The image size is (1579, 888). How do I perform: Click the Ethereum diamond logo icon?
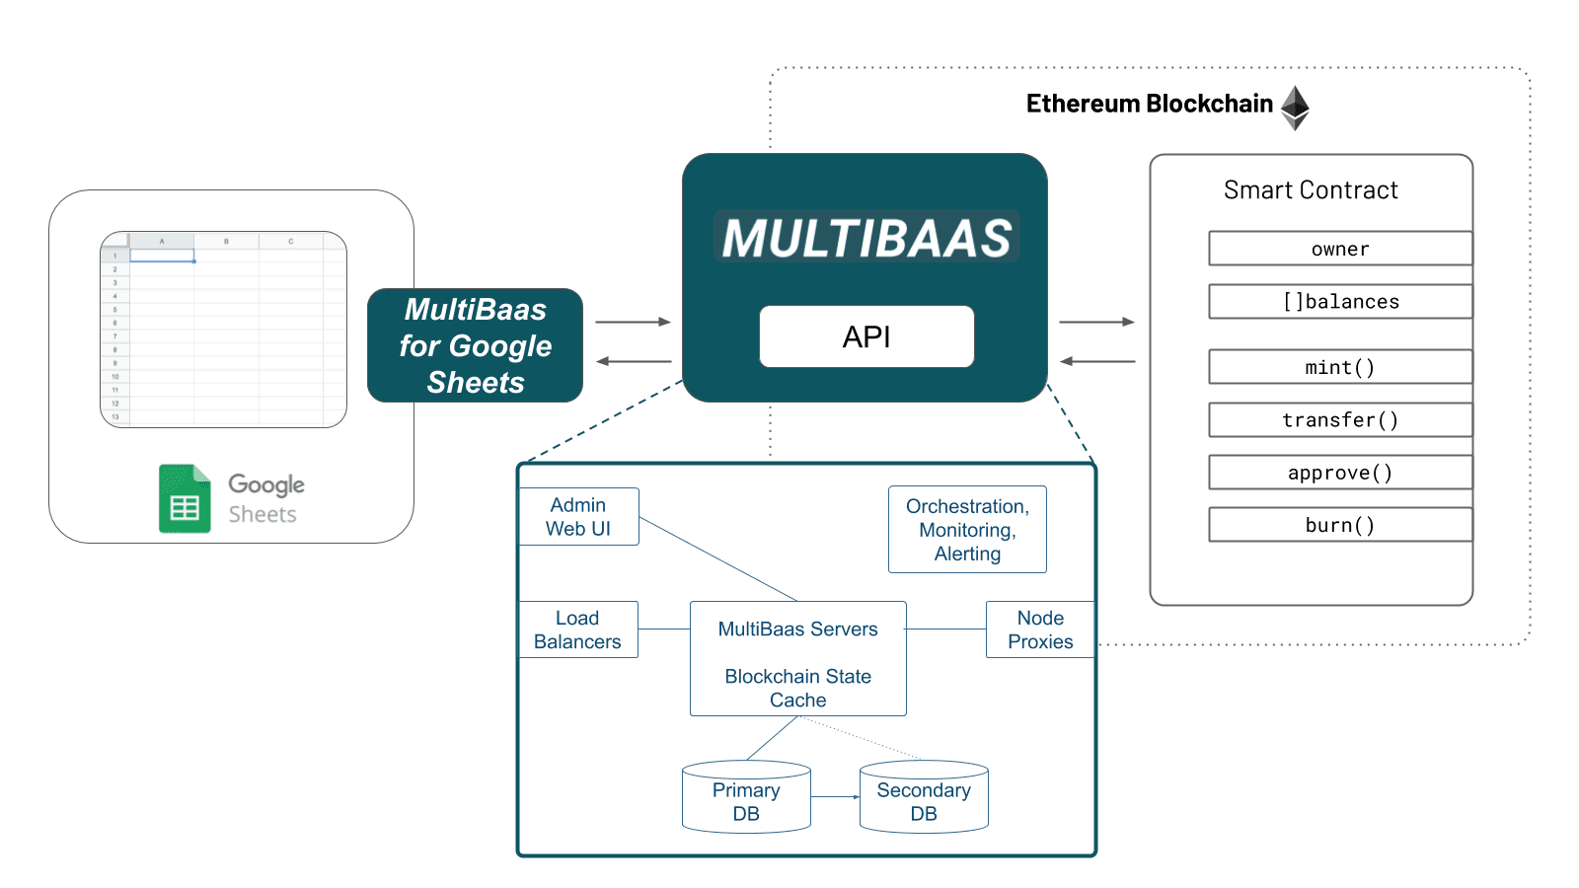coord(1294,108)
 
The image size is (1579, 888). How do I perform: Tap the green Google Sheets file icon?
coord(185,498)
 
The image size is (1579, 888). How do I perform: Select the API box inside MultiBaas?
coord(866,336)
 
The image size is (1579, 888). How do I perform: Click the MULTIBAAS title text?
coord(866,238)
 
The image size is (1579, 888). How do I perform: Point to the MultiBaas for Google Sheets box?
coord(475,345)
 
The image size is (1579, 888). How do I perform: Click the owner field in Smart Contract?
coord(1339,249)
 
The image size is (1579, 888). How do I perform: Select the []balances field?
coord(1339,302)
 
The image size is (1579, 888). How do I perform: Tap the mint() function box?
coord(1339,367)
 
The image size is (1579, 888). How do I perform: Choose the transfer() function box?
coord(1339,420)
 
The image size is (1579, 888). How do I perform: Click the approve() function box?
coord(1339,473)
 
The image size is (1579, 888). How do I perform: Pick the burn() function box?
coord(1339,525)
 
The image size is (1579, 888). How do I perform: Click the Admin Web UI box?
coord(578,517)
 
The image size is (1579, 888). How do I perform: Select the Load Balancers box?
coord(577,629)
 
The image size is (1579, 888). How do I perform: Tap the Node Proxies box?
coord(1040,629)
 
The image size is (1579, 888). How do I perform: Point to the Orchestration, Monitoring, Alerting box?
coord(967,530)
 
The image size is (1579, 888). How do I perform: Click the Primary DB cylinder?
coord(746,798)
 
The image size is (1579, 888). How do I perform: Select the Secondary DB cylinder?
coord(924,798)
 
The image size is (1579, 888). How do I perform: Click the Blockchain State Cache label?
coord(797,688)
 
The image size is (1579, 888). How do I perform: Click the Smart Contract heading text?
coord(1311,190)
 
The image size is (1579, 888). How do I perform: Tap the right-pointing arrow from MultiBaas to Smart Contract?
coord(1096,322)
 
